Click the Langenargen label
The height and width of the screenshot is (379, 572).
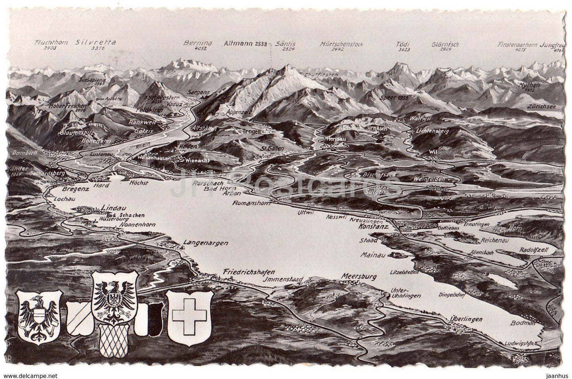pyautogui.click(x=206, y=243)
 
